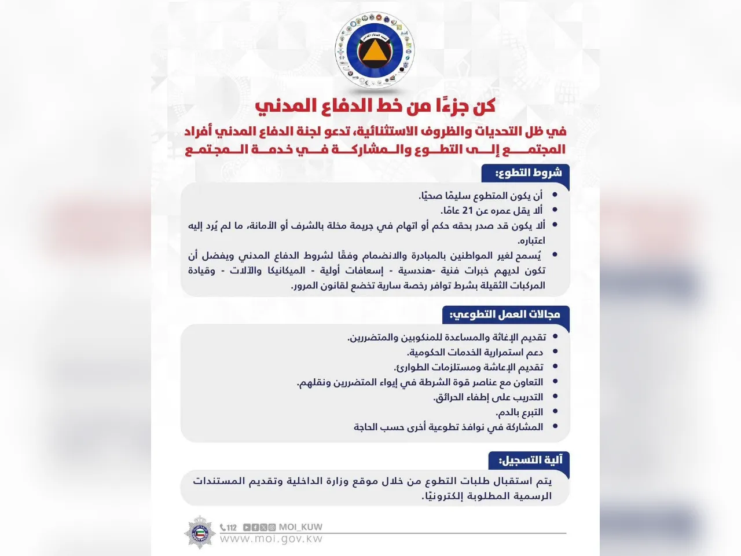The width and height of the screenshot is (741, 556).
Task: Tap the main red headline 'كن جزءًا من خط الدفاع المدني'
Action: (375, 106)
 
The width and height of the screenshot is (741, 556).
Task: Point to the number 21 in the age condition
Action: (467, 211)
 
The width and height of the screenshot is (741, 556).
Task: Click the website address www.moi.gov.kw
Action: (272, 539)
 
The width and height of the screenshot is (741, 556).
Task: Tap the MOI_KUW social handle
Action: (300, 527)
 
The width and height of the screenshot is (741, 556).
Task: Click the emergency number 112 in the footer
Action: (231, 528)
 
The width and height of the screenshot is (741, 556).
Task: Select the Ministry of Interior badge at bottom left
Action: (199, 531)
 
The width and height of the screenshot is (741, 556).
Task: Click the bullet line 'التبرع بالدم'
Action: (519, 412)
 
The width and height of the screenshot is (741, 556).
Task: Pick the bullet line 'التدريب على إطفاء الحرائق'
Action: (488, 397)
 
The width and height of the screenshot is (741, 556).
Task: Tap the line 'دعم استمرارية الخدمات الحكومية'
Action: (475, 352)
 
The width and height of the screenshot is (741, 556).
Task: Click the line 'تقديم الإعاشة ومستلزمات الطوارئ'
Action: (468, 367)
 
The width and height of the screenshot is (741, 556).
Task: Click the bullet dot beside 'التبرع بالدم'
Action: (556, 412)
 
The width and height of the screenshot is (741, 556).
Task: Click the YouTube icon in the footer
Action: (247, 528)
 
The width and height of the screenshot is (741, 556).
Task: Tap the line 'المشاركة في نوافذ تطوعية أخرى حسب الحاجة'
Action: (448, 427)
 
